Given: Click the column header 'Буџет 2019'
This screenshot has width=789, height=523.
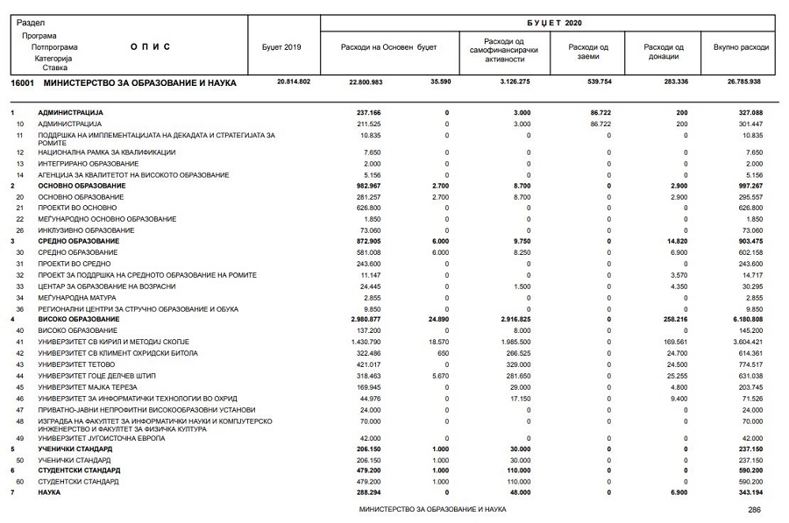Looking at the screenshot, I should pyautogui.click(x=281, y=46).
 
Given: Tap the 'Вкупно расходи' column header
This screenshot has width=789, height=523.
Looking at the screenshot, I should pyautogui.click(x=741, y=46).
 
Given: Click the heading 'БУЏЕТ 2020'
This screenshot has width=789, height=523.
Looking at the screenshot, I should pyautogui.click(x=554, y=23).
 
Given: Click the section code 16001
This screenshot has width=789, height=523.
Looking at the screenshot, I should pyautogui.click(x=22, y=82).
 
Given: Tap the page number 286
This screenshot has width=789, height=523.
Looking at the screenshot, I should pyautogui.click(x=754, y=510).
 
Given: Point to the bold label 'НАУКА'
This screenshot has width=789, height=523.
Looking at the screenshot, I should pyautogui.click(x=49, y=493).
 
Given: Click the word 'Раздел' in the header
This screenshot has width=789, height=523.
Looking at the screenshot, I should pyautogui.click(x=30, y=23).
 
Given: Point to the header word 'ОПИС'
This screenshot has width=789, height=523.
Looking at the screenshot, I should pyautogui.click(x=150, y=46).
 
